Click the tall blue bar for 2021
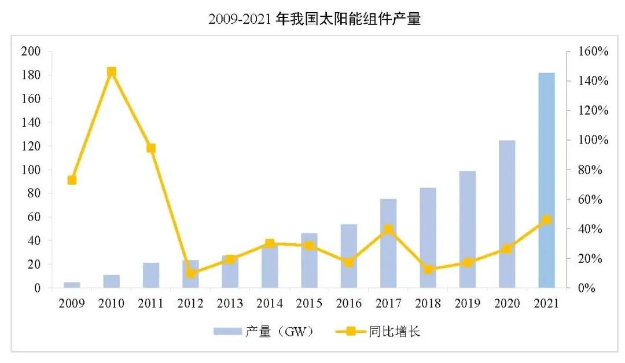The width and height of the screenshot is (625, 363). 546,180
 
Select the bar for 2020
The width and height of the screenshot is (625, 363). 507,214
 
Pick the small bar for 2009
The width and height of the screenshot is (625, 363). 72,285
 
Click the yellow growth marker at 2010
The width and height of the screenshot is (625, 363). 112,72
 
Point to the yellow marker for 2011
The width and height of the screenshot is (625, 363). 151,148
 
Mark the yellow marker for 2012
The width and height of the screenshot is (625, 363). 190,273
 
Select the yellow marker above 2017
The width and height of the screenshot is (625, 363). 388,229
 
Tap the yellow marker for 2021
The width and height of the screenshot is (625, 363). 546,220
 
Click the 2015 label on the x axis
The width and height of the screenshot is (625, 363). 309,303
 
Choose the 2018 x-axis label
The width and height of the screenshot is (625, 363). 428,303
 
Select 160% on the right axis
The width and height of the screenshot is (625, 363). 594,52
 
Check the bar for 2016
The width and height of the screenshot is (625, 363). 348,256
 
